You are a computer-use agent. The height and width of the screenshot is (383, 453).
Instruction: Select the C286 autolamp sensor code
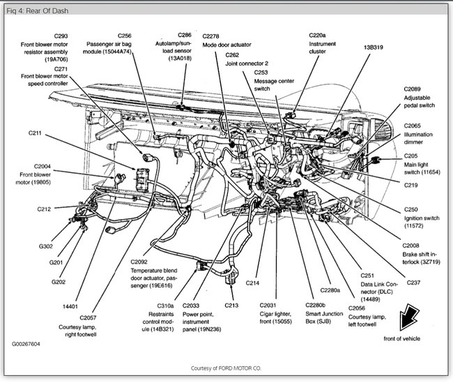[185, 34]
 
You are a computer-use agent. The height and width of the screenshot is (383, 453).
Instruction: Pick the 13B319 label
[372, 47]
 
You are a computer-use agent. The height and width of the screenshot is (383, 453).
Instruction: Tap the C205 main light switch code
[412, 156]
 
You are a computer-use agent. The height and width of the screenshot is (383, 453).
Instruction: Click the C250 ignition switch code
[411, 209]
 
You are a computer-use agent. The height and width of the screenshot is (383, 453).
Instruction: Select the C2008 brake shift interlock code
[413, 245]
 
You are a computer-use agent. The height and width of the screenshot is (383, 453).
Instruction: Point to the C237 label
[413, 282]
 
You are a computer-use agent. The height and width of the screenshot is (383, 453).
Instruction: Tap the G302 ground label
[45, 246]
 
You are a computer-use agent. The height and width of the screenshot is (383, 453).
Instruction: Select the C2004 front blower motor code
[40, 167]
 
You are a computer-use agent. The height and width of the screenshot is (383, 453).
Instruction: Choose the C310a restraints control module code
[165, 306]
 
